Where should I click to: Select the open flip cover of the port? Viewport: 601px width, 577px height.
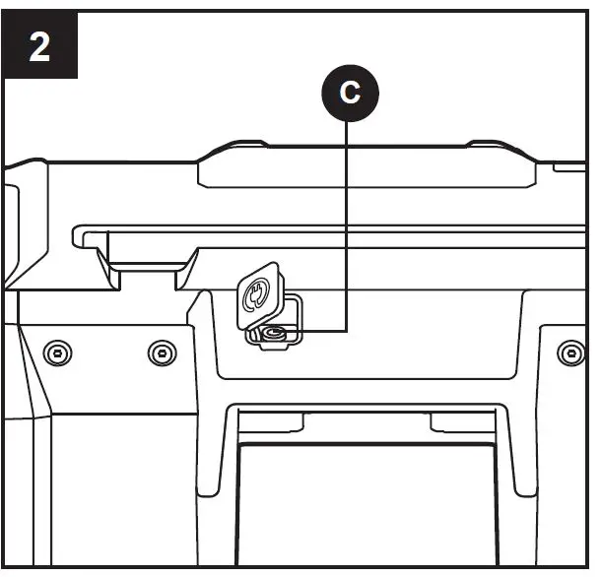click(255, 294)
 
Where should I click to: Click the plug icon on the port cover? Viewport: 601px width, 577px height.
click(255, 293)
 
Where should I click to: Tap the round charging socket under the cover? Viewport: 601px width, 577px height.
click(273, 337)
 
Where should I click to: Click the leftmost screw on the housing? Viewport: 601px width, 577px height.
click(59, 351)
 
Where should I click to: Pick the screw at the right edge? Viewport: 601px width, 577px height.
click(567, 351)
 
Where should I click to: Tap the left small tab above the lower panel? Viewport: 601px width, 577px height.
click(263, 422)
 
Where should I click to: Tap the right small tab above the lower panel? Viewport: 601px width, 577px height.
click(460, 422)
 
